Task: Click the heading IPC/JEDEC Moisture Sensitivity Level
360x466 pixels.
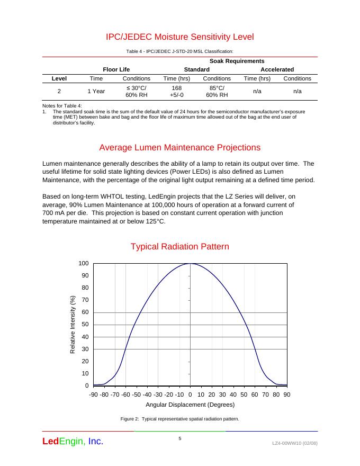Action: click(180, 37)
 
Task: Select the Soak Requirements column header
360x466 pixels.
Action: click(237, 61)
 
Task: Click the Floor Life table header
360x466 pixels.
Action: click(116, 69)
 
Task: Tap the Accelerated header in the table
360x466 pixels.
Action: click(277, 69)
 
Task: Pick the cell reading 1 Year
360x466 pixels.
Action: click(96, 91)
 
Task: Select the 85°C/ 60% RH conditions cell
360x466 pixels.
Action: click(217, 91)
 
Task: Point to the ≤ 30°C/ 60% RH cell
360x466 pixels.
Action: click(136, 91)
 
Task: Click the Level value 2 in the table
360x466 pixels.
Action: click(59, 91)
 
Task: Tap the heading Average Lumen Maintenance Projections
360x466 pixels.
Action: click(180, 147)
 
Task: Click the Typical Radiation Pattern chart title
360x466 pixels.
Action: click(180, 247)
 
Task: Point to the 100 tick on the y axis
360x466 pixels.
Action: click(84, 264)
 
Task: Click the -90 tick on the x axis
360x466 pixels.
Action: click(93, 395)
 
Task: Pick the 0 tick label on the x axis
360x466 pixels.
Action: click(190, 395)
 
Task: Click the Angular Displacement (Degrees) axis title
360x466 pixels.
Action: click(190, 405)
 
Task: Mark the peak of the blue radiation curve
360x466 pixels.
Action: click(190, 264)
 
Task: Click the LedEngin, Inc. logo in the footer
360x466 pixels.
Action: click(73, 441)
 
